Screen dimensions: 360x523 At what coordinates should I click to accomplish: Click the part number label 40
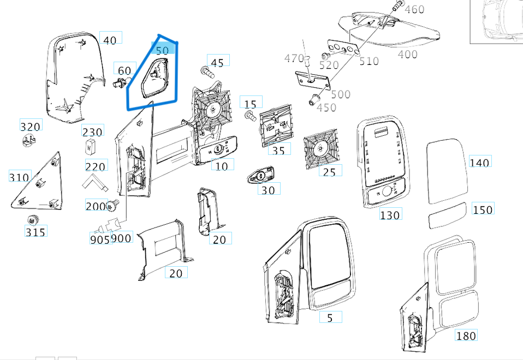pos(110,40)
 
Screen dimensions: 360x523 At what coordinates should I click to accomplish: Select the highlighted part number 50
pos(162,50)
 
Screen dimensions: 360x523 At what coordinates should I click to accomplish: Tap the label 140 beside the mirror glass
pos(479,162)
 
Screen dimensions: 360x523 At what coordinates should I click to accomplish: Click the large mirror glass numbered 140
pos(446,170)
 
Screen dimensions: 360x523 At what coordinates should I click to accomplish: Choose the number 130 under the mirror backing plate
pos(390,215)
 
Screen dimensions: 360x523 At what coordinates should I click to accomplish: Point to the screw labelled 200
pos(114,206)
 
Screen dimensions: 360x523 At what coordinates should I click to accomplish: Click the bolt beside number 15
pos(250,116)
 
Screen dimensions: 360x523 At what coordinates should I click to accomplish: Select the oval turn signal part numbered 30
pos(260,176)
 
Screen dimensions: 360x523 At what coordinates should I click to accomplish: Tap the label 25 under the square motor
pos(329,172)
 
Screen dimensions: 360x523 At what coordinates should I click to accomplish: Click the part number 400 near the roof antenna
pos(407,54)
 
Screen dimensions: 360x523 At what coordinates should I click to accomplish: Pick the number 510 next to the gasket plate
pos(369,61)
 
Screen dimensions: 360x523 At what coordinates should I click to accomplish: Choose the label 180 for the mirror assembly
pos(466,335)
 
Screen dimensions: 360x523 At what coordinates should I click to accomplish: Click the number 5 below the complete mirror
pos(330,317)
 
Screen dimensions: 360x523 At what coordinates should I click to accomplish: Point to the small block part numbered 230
pos(91,146)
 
